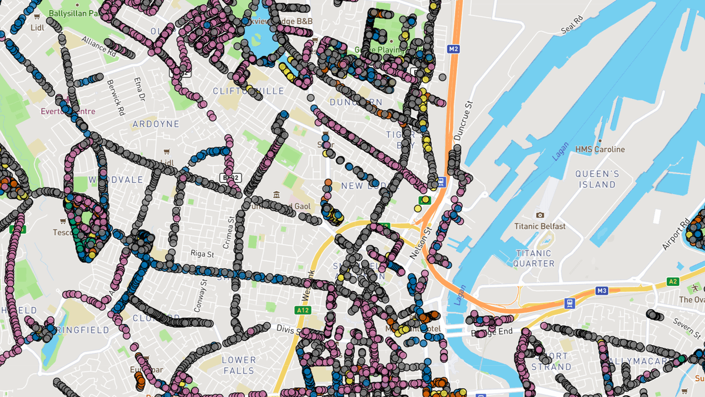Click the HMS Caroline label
click(600, 149)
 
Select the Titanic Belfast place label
click(540, 226)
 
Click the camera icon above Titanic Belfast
click(540, 215)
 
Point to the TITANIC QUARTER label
click(534, 258)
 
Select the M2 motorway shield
click(452, 49)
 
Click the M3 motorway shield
click(601, 291)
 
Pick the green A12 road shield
click(303, 310)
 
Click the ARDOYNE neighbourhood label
click(156, 124)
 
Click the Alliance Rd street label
click(99, 46)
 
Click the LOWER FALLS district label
click(239, 365)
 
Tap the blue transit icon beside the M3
click(569, 303)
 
